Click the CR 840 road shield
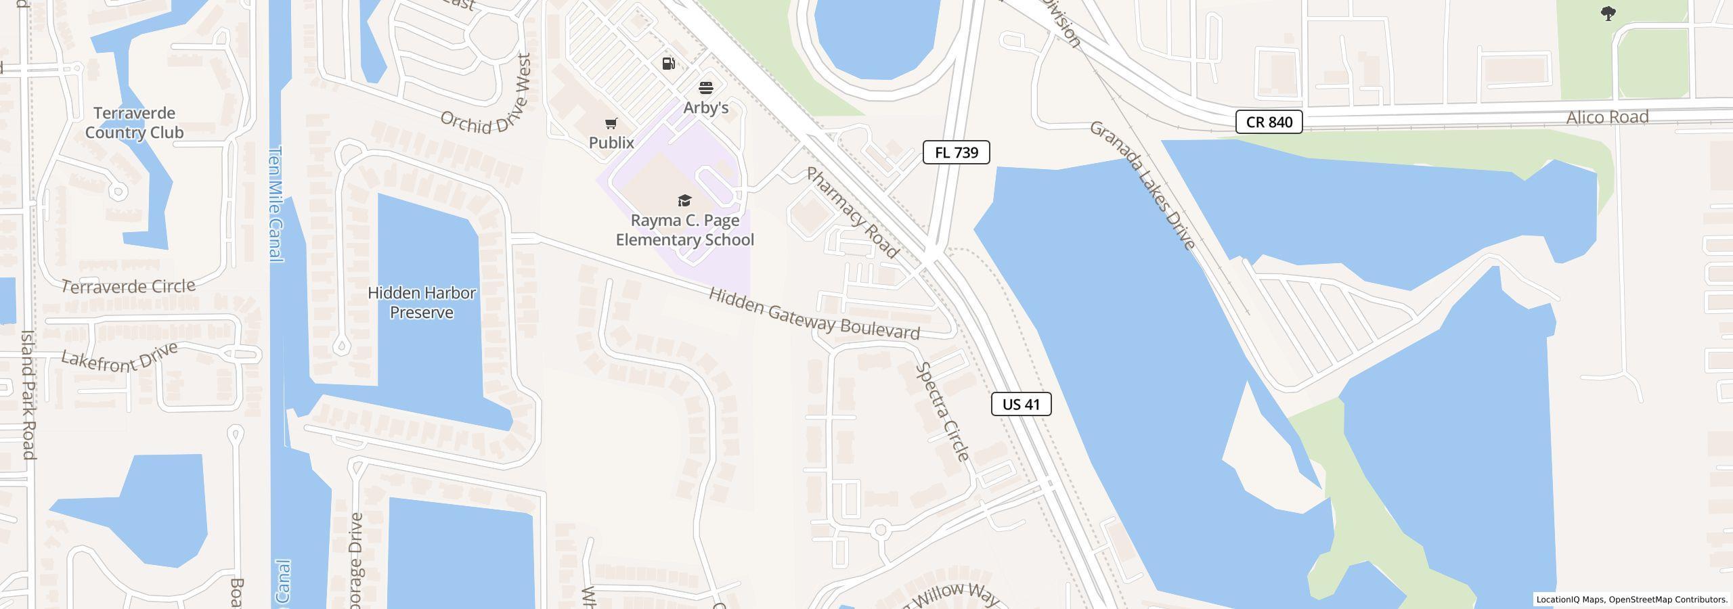1269,122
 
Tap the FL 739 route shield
956,152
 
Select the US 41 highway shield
1021,404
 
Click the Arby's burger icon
706,88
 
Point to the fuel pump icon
668,64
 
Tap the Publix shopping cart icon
611,123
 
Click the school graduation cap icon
684,200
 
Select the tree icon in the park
1608,14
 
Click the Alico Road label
1607,117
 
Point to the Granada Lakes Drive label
1142,185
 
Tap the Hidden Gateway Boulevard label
814,313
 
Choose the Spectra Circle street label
942,411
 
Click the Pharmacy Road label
852,212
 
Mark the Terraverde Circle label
128,286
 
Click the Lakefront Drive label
119,357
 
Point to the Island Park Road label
28,394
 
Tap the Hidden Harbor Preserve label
422,302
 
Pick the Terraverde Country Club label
134,122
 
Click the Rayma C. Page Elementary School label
684,230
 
